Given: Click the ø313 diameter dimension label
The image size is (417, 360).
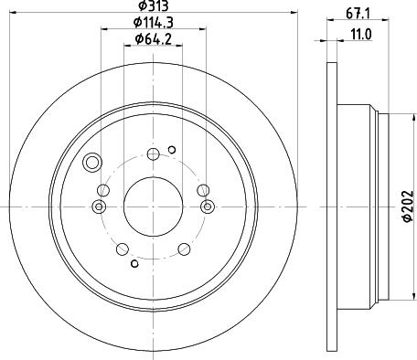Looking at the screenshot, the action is tap(154, 5).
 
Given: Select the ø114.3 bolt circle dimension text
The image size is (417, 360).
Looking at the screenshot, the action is tap(154, 22).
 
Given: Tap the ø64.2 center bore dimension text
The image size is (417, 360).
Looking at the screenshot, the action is tap(154, 39).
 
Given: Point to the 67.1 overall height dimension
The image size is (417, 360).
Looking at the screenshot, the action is tap(358, 14).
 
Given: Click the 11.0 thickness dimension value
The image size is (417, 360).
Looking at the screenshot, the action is tap(361, 35).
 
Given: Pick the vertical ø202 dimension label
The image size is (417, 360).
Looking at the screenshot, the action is tap(408, 206).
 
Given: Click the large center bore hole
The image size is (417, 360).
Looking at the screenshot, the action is tap(153, 206).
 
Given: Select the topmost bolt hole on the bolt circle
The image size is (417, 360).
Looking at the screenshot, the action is tap(153, 154).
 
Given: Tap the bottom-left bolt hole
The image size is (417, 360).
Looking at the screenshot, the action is tap(123, 249).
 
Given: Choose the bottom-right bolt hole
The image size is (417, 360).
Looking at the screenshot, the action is tap(184, 249).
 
